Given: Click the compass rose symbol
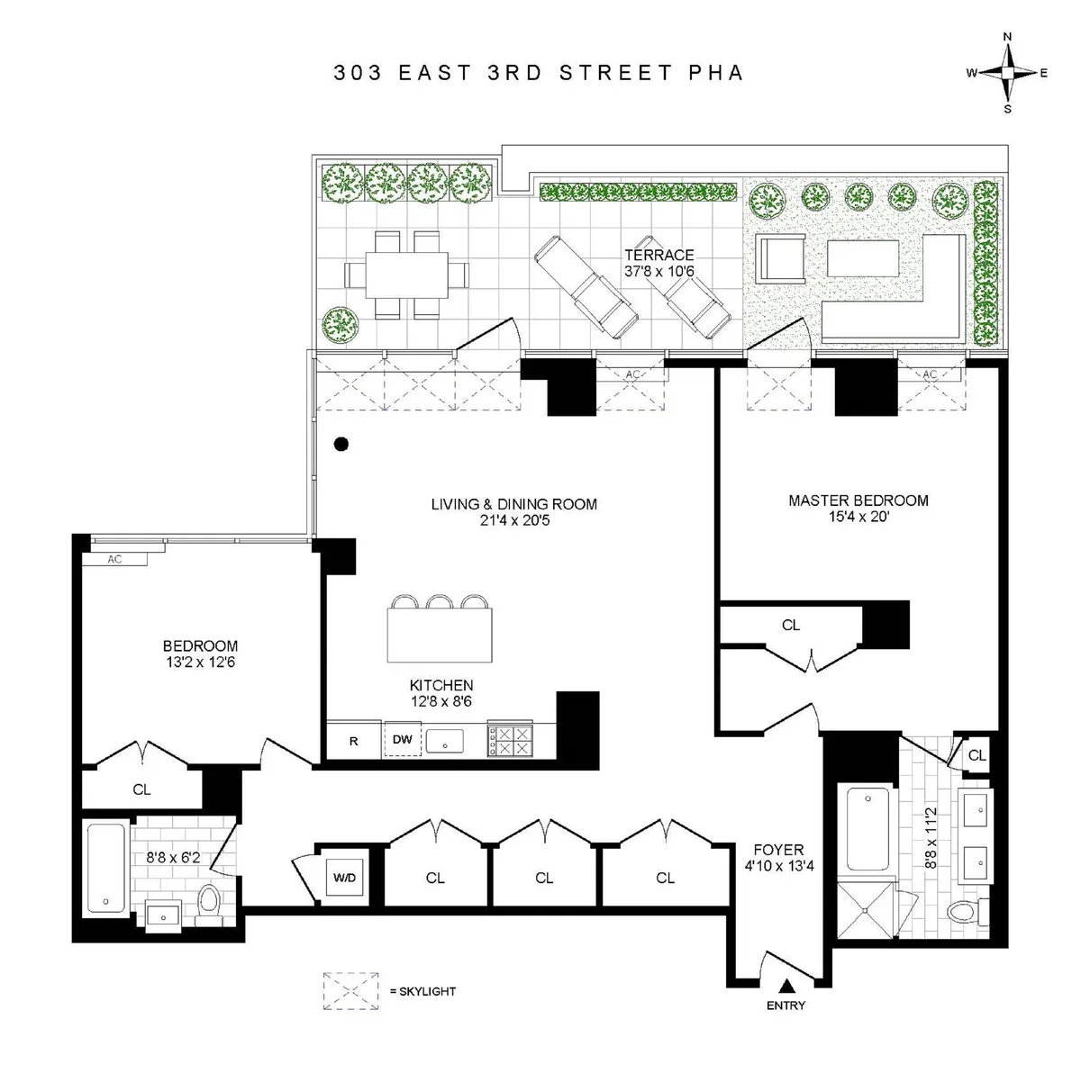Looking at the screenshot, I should point(1007,73).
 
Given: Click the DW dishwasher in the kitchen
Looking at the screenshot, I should point(403,740).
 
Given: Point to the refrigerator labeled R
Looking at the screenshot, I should point(354,741).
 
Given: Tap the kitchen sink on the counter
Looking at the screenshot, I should point(444,741).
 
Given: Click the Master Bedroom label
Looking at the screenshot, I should point(858,500).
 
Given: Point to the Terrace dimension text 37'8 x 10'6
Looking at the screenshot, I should point(659,271).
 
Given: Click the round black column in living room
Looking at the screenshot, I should point(341,443).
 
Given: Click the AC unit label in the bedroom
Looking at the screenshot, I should point(115,559).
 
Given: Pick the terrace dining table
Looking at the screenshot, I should point(407,275).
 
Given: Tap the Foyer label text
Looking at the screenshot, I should point(778,849).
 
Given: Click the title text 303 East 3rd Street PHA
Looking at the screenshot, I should point(539,73).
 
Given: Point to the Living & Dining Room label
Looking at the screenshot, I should point(513,504).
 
